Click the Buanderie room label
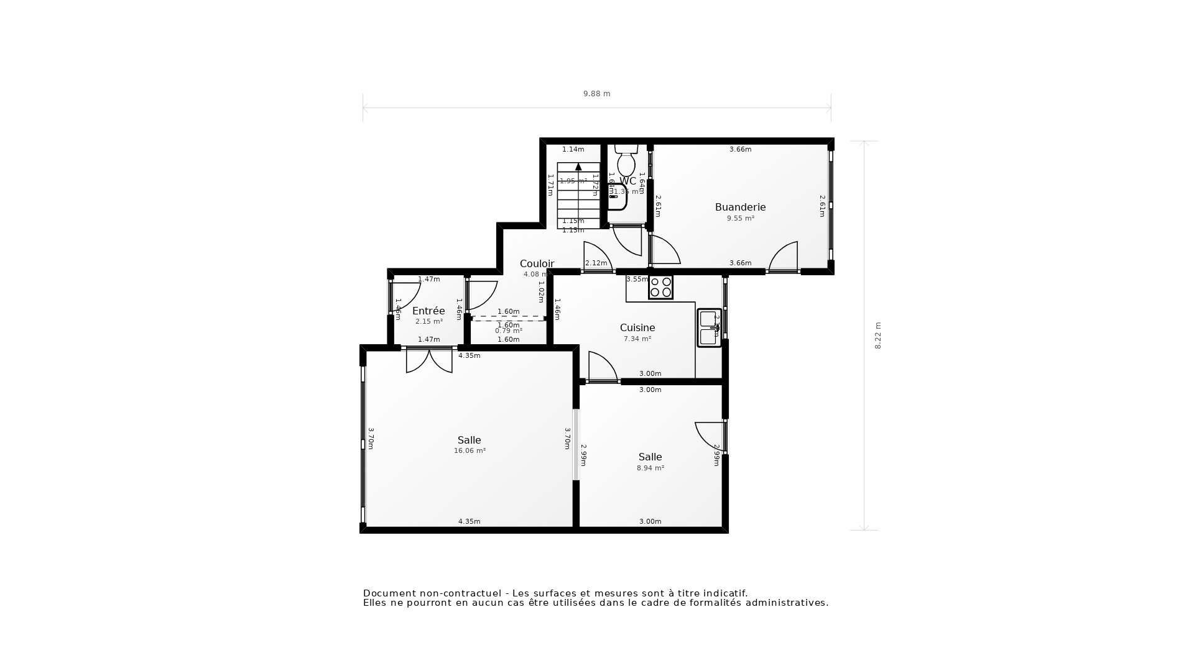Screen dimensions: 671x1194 point(740,207)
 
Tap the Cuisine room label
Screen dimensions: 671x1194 point(637,327)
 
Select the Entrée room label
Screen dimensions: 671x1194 point(428,311)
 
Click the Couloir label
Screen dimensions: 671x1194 point(537,263)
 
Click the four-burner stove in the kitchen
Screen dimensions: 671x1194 point(660,287)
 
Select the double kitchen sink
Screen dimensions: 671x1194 point(708,327)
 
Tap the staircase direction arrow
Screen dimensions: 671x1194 point(578,167)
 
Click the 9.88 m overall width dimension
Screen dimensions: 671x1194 point(596,94)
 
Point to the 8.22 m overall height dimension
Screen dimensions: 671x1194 point(878,335)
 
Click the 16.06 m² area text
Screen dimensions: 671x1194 point(470,451)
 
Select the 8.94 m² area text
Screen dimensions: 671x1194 point(650,468)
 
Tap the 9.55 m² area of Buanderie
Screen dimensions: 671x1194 point(740,219)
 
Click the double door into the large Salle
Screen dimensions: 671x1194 point(429,360)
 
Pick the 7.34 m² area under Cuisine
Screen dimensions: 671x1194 point(637,339)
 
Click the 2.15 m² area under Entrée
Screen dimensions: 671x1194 point(428,322)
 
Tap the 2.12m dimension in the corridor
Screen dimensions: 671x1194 point(596,263)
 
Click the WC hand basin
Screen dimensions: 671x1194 point(617,197)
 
